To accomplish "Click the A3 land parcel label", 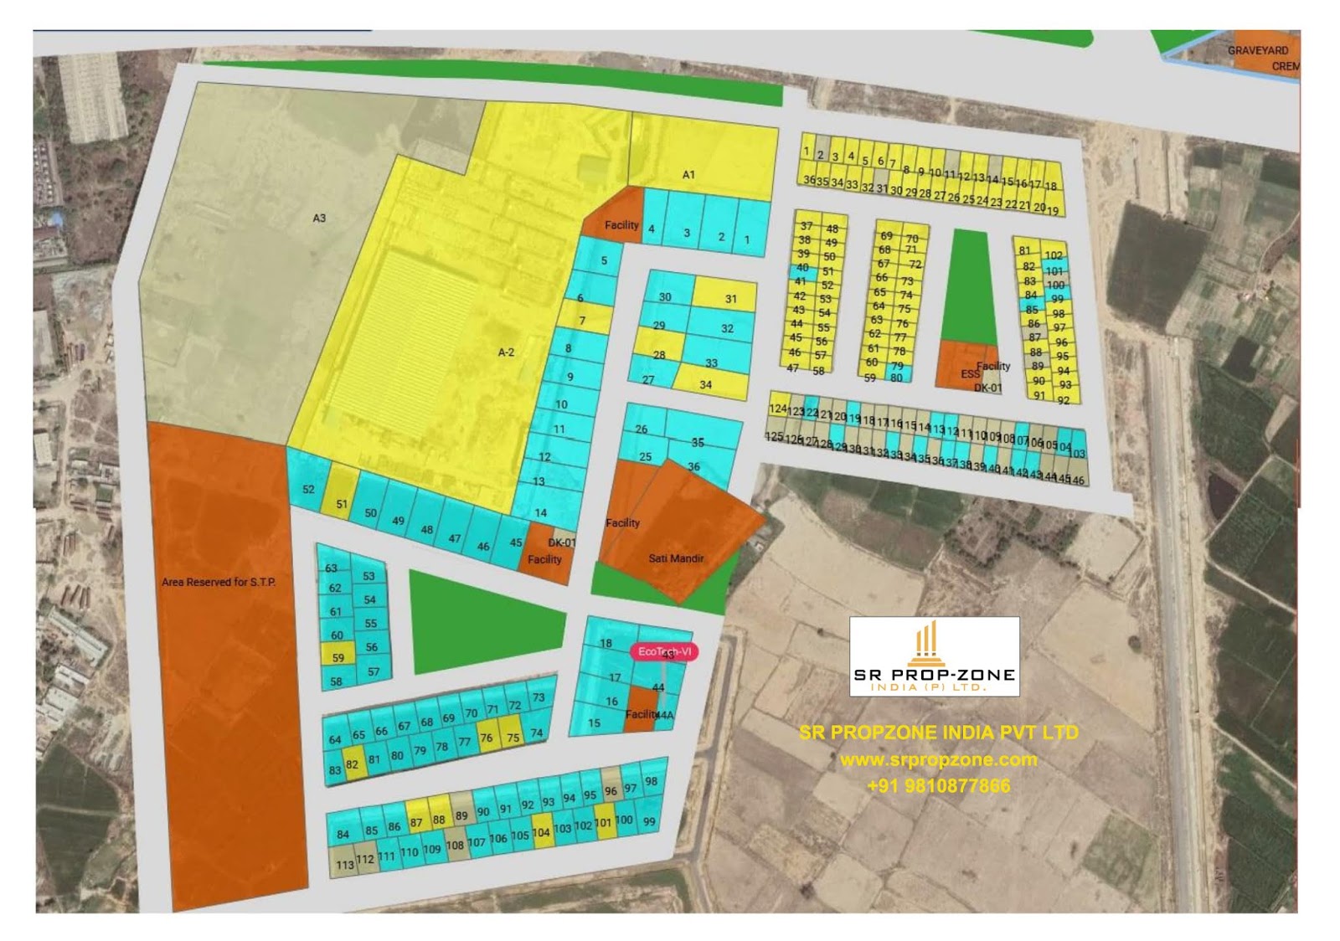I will coord(319,219).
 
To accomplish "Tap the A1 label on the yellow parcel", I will coord(688,175).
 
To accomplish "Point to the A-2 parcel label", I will coord(506,352).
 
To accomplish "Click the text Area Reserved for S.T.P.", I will coord(219,582).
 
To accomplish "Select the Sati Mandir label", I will coord(676,558).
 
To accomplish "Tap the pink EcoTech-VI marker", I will coord(665,652).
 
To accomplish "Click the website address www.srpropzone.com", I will coord(938,760).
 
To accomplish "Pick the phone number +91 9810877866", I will coord(938,786).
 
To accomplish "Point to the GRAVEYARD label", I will coord(1258,51).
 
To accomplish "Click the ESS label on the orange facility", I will coord(969,374).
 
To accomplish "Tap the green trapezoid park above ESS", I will coord(970,285).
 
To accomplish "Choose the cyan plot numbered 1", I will coord(748,239).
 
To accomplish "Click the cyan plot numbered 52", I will coord(308,489).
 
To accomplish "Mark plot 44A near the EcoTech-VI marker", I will coord(666,716).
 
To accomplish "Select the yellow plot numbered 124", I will coord(778,409).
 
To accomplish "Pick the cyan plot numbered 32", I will coord(727,329).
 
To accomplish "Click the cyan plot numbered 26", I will coord(642,429).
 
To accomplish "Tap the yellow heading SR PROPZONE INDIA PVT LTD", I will coord(938,733).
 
